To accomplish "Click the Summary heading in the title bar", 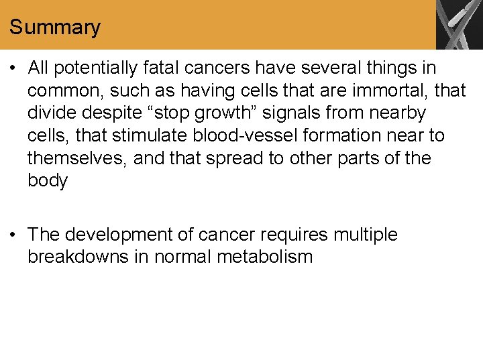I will [55, 27].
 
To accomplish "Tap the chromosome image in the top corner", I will [459, 25].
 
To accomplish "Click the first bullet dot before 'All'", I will [14, 68].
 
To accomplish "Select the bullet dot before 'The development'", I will [14, 235].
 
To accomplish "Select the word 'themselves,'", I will [77, 158].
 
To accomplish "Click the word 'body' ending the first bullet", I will [48, 181].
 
